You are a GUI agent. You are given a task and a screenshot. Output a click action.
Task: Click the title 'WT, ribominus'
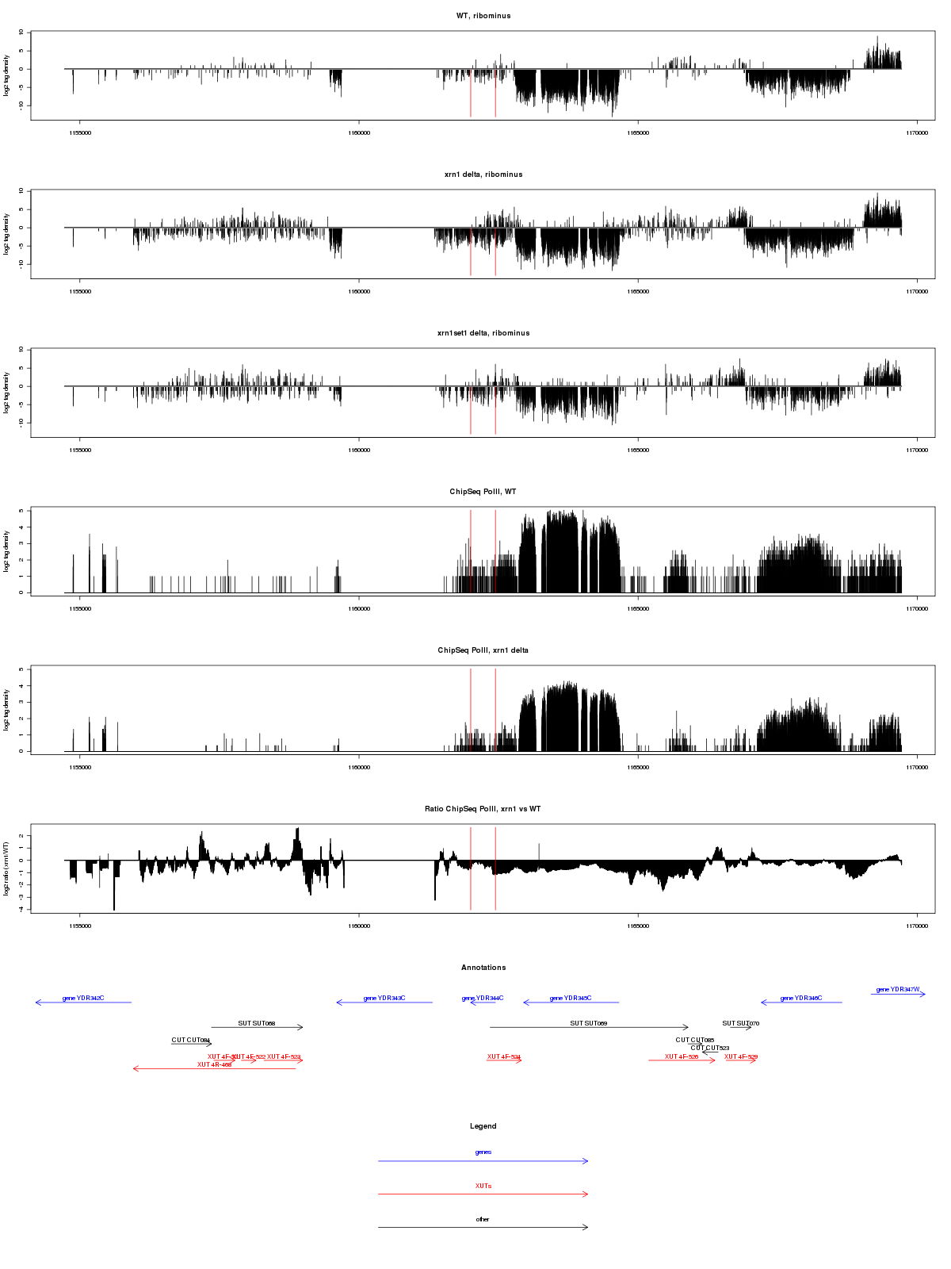tap(483, 16)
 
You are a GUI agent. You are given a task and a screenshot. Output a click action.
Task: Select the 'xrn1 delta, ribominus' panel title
tap(483, 174)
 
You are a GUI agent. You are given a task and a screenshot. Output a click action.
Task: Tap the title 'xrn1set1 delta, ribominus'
tap(483, 333)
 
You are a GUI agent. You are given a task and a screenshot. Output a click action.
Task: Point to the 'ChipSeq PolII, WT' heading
tap(483, 492)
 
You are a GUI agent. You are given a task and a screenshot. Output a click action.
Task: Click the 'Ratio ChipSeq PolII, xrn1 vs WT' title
tap(483, 809)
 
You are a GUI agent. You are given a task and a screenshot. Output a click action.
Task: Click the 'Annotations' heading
tap(483, 968)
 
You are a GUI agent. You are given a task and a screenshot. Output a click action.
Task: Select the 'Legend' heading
tap(483, 1126)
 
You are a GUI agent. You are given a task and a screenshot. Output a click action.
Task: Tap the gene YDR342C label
tap(83, 999)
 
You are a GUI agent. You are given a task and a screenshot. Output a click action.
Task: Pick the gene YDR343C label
tap(384, 999)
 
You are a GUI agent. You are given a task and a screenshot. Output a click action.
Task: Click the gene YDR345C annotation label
tap(571, 999)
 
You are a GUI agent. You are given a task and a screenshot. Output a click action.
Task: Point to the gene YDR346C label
tap(801, 999)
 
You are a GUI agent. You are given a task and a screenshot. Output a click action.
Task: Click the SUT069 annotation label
tap(589, 1023)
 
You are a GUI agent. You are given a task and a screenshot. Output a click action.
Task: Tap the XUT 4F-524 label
tap(504, 1056)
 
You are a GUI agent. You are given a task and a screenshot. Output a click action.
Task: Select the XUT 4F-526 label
tap(682, 1056)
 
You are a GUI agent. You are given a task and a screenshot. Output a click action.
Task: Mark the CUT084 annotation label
tap(191, 1040)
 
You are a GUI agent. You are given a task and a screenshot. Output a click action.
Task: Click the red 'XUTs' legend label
tap(483, 1186)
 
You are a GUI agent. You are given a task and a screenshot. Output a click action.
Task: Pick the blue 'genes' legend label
tap(483, 1152)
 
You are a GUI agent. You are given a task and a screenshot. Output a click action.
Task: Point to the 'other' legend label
tap(483, 1219)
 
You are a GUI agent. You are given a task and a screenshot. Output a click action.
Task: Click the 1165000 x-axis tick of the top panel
tap(638, 132)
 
